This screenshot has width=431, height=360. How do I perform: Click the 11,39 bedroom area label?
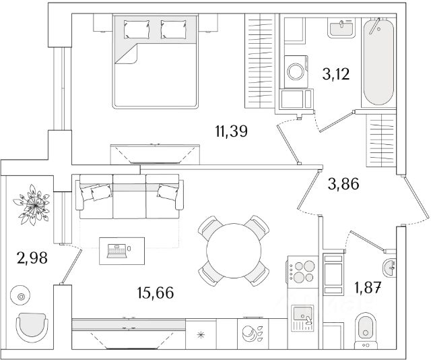[230, 131]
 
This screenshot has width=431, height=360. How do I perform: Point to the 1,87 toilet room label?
[368, 288]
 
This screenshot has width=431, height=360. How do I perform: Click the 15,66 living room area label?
[152, 294]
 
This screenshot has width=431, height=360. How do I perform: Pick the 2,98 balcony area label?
[31, 258]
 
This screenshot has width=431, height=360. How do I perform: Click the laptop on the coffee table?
[116, 250]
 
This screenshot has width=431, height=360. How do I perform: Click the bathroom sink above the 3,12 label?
[342, 28]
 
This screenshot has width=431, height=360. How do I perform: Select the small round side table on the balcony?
[21, 296]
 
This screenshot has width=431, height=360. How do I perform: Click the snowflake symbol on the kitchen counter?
[200, 335]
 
